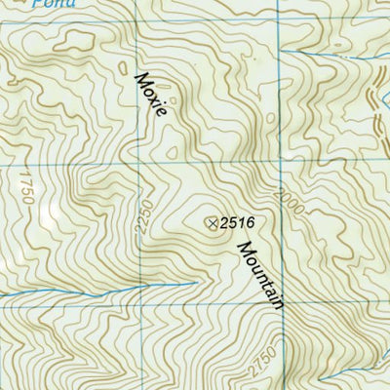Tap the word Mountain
258,276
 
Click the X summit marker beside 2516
212,223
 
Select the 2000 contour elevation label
284,202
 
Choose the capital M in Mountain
240,248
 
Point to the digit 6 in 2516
250,223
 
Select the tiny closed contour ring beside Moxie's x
173,99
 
